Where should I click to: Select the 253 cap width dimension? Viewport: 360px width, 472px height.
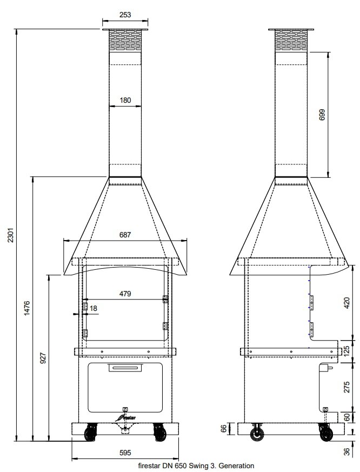pos(124,16)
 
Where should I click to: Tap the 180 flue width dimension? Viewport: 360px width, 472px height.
pos(125,100)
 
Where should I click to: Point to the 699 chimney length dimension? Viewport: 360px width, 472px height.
pos(322,115)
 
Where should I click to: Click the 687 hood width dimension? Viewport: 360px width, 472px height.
pos(125,235)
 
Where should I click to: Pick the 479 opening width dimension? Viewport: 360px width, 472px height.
pos(125,294)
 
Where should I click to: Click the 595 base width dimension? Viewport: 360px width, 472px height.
pos(125,453)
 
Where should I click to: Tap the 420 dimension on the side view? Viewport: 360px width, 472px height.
pos(347,303)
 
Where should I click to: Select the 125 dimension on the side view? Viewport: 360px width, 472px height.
pos(347,350)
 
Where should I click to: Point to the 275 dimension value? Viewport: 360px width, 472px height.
pos(347,386)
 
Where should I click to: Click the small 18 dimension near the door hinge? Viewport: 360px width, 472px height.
pos(94,308)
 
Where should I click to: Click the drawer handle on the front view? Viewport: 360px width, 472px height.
pos(125,368)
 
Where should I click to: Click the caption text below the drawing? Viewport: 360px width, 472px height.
pos(196,465)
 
